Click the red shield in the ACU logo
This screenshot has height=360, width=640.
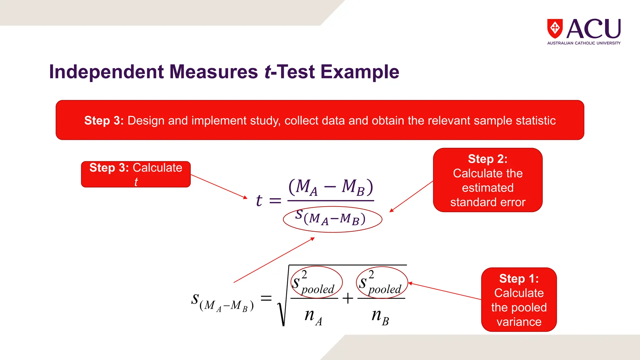(555, 28)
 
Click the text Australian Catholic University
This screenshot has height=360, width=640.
(584, 43)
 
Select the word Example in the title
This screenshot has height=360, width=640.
(360, 72)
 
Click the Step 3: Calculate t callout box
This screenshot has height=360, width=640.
(136, 174)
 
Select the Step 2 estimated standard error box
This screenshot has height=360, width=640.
(487, 180)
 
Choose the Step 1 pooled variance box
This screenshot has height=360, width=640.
(519, 300)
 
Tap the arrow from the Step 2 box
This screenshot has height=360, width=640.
(411, 197)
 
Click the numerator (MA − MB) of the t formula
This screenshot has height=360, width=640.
(331, 187)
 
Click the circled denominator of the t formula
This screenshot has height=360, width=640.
(332, 219)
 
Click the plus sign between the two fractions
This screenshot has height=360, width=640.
(347, 299)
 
